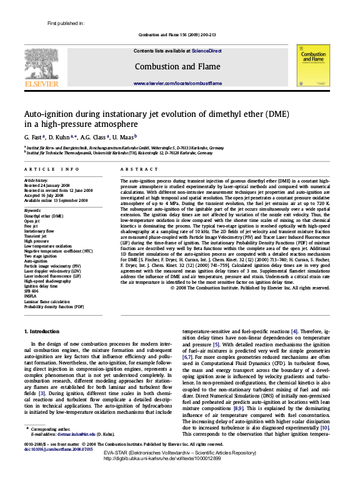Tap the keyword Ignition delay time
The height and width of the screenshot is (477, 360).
coord(40,286)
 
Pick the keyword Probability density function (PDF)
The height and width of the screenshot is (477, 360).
coord(54,307)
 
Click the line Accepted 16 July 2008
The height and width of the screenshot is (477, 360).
coord(46,195)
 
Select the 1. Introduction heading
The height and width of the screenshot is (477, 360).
coord(42,331)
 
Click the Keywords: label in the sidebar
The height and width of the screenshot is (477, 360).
coord(33,210)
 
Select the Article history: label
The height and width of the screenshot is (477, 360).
coord(36,180)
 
